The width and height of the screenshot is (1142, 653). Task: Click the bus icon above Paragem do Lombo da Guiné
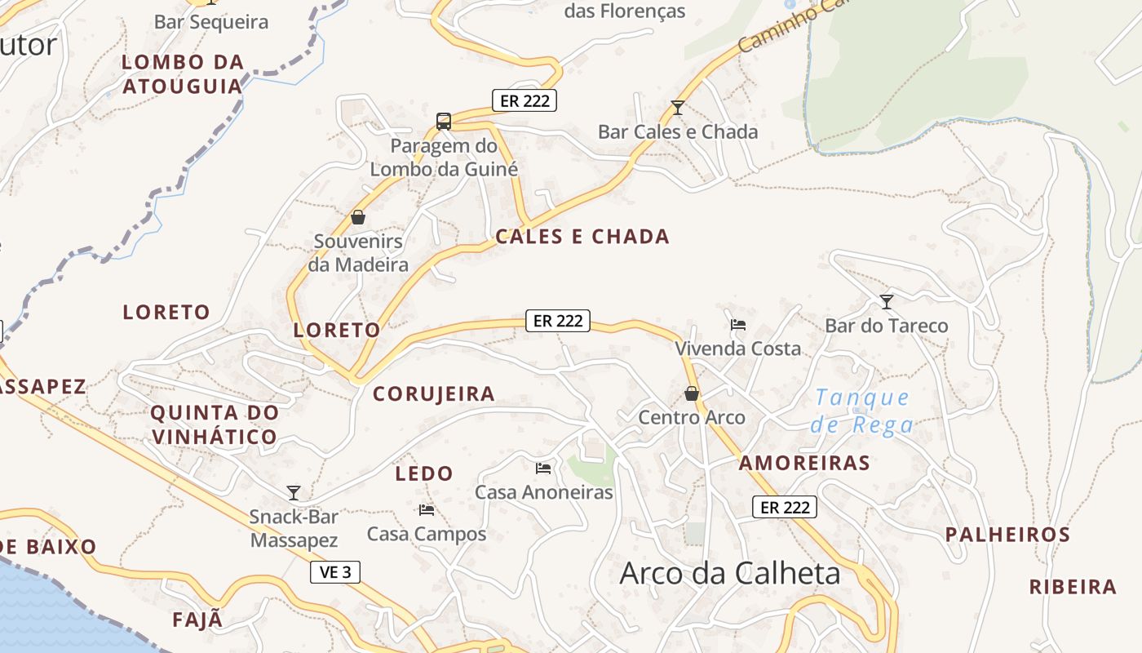(x=444, y=122)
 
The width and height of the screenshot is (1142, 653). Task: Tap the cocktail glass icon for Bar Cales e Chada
(x=677, y=107)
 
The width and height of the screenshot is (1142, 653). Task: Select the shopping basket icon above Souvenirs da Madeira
(x=357, y=217)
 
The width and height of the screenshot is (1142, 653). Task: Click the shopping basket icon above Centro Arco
(x=692, y=394)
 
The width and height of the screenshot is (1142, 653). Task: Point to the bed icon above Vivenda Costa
(x=738, y=324)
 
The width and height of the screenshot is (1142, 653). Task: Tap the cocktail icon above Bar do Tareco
(x=887, y=301)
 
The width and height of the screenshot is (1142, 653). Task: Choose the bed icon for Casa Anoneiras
(x=543, y=469)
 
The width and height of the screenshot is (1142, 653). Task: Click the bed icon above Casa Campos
(x=426, y=510)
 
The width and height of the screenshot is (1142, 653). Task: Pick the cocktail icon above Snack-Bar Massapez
(x=294, y=492)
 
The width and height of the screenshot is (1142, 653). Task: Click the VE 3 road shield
(x=335, y=572)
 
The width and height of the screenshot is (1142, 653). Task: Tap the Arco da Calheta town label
(x=730, y=573)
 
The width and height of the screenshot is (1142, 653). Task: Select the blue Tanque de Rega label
(x=863, y=411)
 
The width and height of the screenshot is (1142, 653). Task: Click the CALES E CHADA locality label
(x=582, y=237)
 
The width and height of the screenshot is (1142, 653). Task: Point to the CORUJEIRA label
(x=434, y=394)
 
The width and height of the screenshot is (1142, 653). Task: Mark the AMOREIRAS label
(x=804, y=464)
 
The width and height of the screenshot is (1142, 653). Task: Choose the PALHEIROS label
(x=1007, y=535)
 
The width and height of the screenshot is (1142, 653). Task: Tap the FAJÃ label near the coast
(x=197, y=620)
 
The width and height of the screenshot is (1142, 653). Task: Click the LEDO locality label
(x=424, y=473)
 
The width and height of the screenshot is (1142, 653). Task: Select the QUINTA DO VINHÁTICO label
(x=215, y=424)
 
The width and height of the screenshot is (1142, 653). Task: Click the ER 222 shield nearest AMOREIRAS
(x=785, y=508)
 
